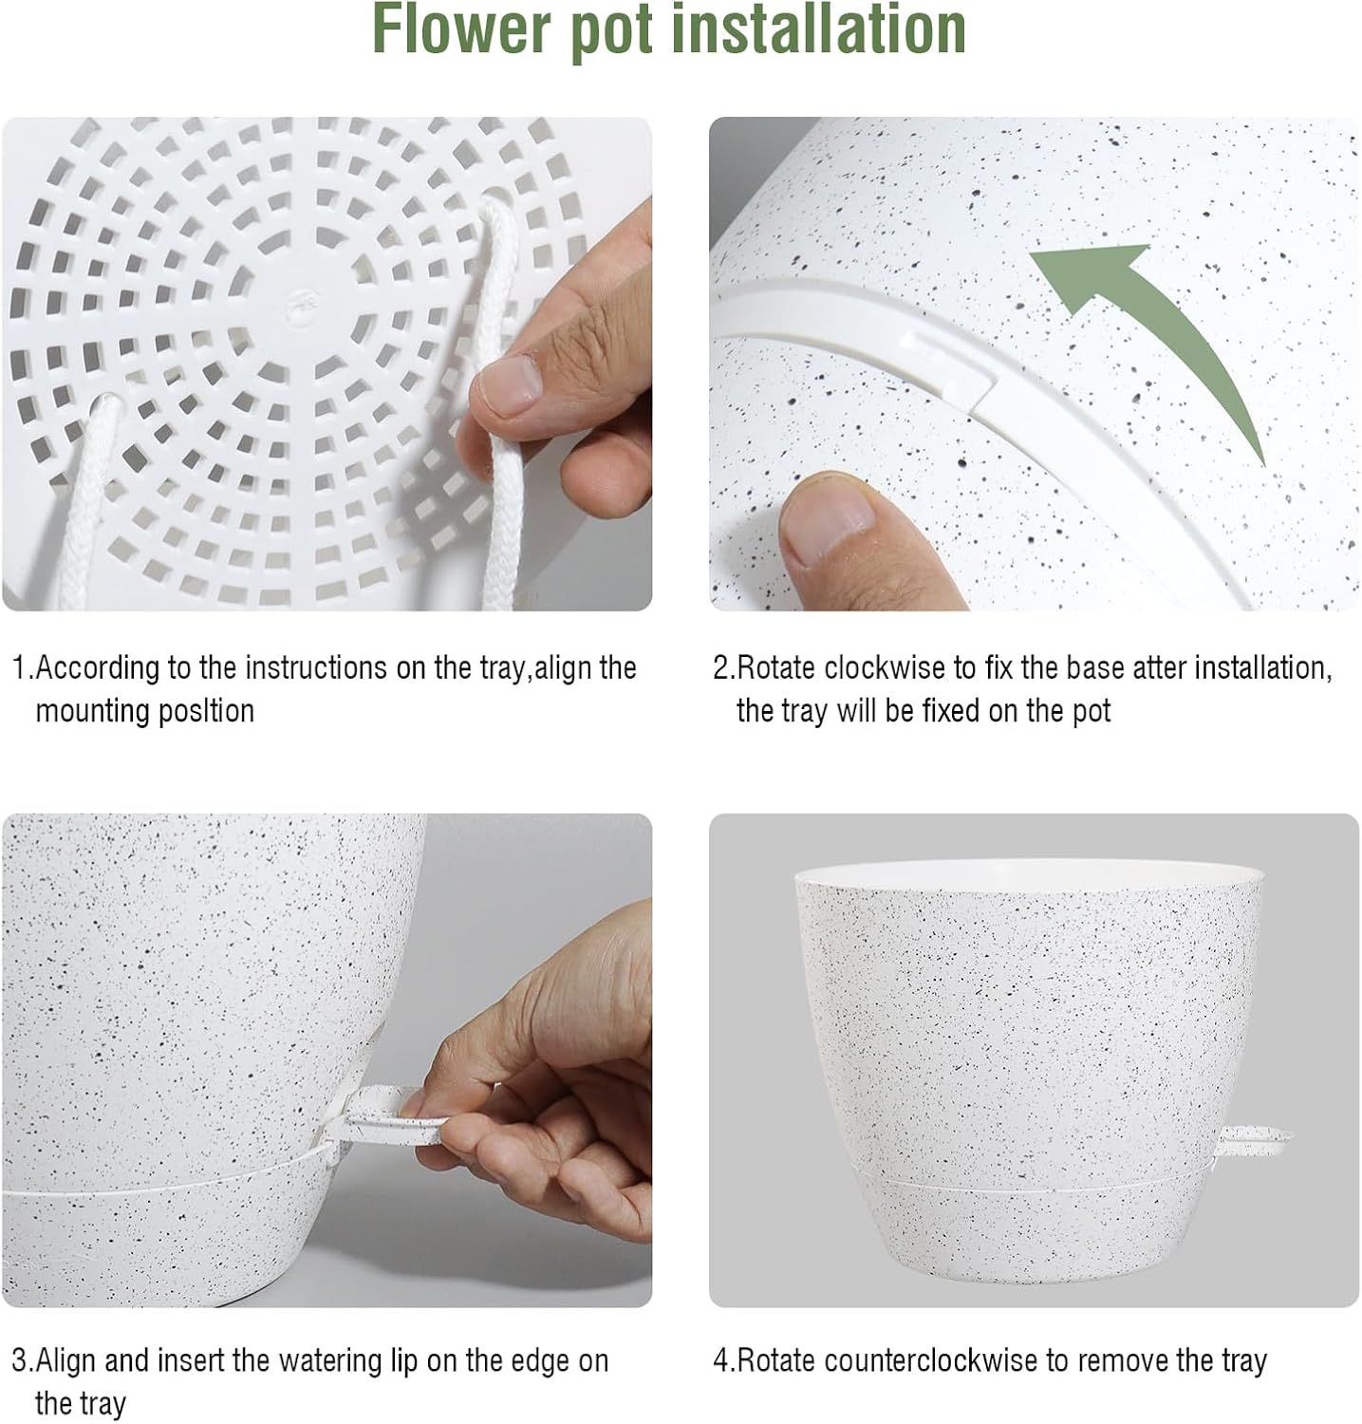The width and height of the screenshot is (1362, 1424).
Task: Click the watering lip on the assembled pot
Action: [1255, 1134]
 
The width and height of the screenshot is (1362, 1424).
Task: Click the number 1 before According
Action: [19, 668]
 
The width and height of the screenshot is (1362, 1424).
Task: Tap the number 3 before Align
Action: [19, 1361]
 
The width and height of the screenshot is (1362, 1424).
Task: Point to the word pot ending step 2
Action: [1091, 711]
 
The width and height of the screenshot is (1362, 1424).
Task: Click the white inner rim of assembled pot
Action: [1030, 871]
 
